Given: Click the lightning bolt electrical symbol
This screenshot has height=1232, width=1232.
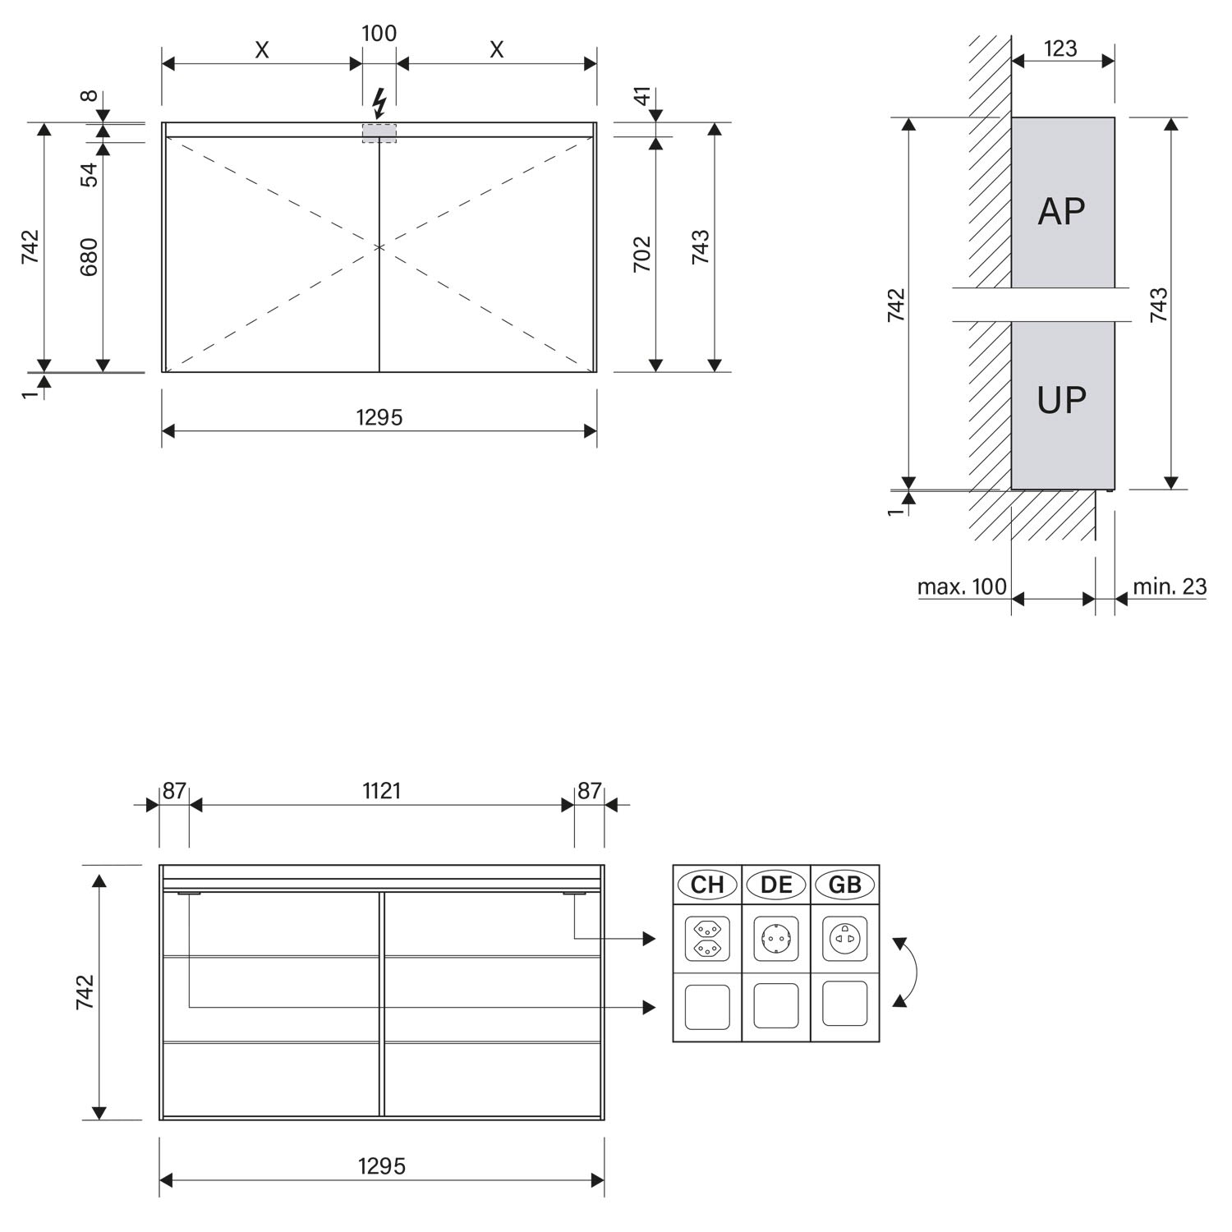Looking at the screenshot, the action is (379, 103).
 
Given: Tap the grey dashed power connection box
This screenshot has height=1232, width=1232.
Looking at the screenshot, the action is (379, 133).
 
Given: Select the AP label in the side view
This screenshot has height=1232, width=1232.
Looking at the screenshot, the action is (1062, 211).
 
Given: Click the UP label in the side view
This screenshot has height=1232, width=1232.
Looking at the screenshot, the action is (1062, 400).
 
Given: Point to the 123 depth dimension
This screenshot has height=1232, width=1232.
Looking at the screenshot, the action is (1060, 48).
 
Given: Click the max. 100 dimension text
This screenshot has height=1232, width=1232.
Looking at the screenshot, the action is (962, 586).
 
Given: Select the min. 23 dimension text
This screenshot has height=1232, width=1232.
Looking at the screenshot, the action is (1170, 586).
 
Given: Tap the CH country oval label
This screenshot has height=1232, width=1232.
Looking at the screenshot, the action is (707, 885).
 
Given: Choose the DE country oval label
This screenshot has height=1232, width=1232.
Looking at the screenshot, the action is (776, 885).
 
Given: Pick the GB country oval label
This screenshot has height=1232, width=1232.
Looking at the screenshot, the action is (845, 885).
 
